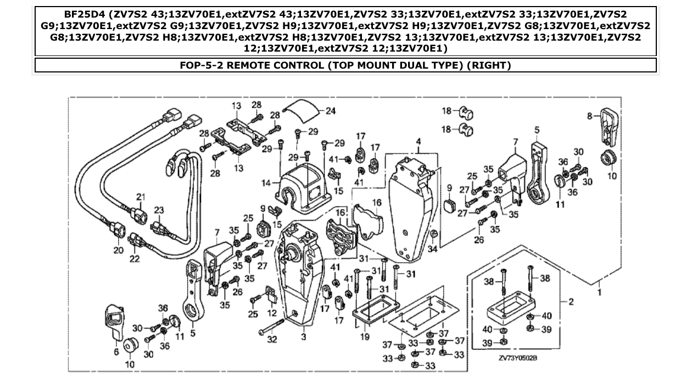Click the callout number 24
click(330, 110)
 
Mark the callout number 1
click(599, 292)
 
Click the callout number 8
click(589, 116)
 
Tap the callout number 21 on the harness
click(140, 197)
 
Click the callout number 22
click(135, 258)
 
